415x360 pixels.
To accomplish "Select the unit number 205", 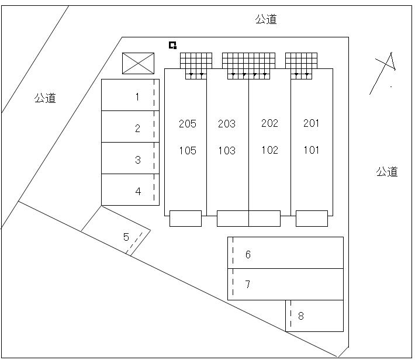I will point(188,123).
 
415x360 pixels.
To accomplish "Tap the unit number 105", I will point(188,151).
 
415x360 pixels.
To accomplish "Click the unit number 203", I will point(227,123).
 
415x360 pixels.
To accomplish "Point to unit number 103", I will point(227,151).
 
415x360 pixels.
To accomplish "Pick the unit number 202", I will point(269,123).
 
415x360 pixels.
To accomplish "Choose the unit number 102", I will point(269,150).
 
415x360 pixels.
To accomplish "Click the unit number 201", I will point(312,123).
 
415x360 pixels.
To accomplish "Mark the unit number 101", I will point(312,150).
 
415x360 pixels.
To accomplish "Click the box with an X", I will point(139,64).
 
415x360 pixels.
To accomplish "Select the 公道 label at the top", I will point(266,20).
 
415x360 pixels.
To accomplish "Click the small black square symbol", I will point(172,45).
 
